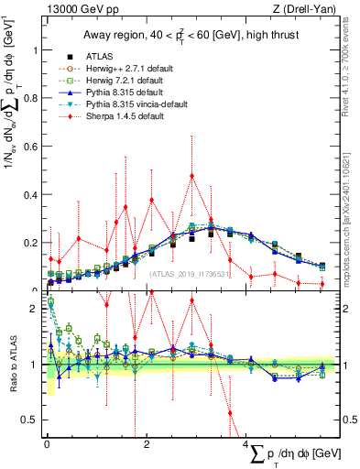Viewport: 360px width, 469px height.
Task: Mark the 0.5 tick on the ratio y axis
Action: point(31,420)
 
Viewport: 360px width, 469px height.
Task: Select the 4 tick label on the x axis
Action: point(246,442)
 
